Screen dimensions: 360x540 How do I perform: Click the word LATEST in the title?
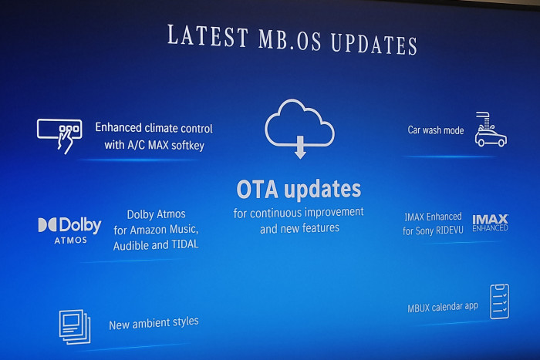[x=208, y=35]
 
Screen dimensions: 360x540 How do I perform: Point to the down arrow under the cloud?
[x=300, y=150]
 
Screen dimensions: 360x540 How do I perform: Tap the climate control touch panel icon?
[x=59, y=134]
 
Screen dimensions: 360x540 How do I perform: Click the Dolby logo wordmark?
[x=69, y=225]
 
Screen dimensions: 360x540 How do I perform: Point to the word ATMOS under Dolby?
[x=70, y=241]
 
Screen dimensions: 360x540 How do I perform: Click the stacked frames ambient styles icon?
[x=75, y=326]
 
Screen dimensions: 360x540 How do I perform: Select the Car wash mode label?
[x=436, y=130]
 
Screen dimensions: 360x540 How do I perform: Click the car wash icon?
[x=490, y=129]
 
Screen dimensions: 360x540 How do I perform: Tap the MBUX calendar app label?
[x=443, y=307]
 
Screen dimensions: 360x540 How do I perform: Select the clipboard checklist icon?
[x=499, y=301]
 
